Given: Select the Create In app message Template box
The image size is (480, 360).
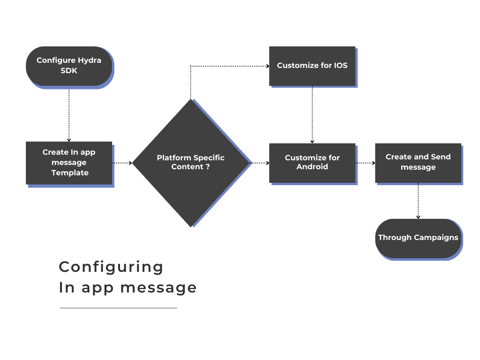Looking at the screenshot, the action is pos(69,163).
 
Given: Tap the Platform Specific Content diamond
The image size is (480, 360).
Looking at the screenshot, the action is pos(191,163).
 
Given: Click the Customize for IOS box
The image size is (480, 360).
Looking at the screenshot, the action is pos(312,66).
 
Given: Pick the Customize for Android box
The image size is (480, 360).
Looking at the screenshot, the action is pos(312,163).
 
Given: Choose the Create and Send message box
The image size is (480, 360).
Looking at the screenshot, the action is pos(418,163).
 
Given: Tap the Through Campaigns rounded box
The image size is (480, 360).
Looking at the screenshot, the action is pos(418,239).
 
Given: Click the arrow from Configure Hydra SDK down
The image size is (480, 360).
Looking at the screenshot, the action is pos(69,115).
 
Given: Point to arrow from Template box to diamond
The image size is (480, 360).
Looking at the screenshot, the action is pos(122,163).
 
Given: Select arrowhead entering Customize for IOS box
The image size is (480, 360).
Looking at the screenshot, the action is pos(268,66).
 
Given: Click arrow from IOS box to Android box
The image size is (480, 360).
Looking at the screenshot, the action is pos(312,115).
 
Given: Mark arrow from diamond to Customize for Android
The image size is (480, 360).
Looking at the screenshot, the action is pos(260,163).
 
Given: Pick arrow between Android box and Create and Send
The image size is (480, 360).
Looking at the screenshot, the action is pos(366,163).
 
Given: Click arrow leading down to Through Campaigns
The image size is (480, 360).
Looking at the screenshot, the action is pos(418,201).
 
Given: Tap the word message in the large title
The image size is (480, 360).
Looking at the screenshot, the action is pos(158,288).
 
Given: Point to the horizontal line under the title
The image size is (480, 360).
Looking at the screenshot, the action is pos(119,308).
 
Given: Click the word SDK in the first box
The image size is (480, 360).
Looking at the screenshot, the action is pos(69,71).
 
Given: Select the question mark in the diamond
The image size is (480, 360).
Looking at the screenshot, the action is pos(208,167).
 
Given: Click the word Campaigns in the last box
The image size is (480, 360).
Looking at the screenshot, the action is pos(436,238).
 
